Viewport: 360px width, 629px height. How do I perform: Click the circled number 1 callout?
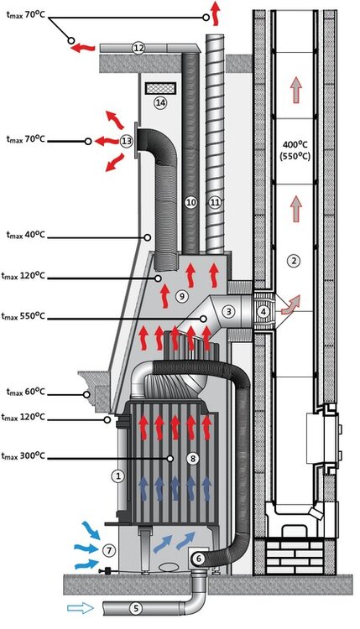click(118, 475)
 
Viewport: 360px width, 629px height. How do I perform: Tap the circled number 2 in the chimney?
click(293, 261)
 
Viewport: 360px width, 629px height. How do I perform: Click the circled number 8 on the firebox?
click(170, 458)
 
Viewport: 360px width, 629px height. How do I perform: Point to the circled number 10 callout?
click(190, 202)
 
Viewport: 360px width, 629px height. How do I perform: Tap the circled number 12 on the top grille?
click(138, 49)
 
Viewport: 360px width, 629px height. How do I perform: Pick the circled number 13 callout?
click(127, 141)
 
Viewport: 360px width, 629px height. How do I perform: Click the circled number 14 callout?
click(159, 102)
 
